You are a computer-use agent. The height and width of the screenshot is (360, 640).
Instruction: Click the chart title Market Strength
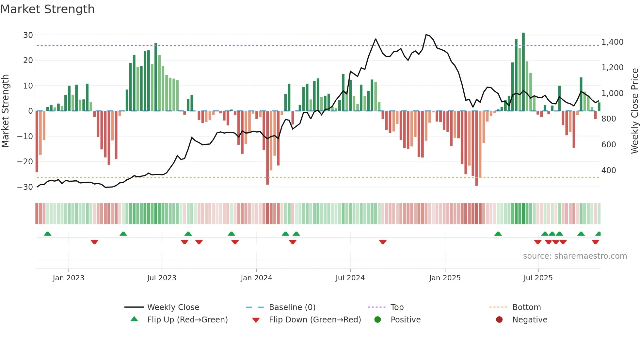click(x=47, y=9)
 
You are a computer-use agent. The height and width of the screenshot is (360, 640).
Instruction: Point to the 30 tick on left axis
click(x=28, y=35)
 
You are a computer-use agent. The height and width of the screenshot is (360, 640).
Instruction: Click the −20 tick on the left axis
click(x=25, y=162)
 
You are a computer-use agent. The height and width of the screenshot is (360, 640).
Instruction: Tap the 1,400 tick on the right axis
click(x=612, y=42)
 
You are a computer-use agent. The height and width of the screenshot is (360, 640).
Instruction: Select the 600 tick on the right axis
click(x=609, y=145)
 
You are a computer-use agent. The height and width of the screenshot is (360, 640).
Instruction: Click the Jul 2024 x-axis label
click(x=350, y=278)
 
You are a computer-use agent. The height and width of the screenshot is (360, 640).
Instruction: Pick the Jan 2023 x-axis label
click(x=69, y=278)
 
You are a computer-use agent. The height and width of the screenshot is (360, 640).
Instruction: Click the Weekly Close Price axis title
click(x=634, y=111)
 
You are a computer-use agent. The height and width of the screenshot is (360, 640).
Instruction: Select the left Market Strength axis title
click(x=5, y=111)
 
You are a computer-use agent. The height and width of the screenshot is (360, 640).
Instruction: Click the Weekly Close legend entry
click(x=173, y=307)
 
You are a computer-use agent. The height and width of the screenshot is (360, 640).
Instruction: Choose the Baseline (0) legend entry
click(x=292, y=307)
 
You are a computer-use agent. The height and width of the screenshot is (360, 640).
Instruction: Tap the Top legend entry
click(x=397, y=307)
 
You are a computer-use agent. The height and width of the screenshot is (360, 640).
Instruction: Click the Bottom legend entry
click(x=526, y=307)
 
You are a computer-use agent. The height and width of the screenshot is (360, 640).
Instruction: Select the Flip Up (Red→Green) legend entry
click(x=187, y=320)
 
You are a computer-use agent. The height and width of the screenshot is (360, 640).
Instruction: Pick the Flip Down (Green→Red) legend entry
click(x=315, y=320)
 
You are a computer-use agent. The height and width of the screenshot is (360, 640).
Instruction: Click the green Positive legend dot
click(x=378, y=320)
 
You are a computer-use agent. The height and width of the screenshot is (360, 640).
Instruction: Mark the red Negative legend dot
click(x=499, y=320)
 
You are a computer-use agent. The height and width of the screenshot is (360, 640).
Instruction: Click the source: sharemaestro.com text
click(x=575, y=256)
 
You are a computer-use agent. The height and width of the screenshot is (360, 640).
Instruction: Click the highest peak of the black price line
click(x=426, y=35)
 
